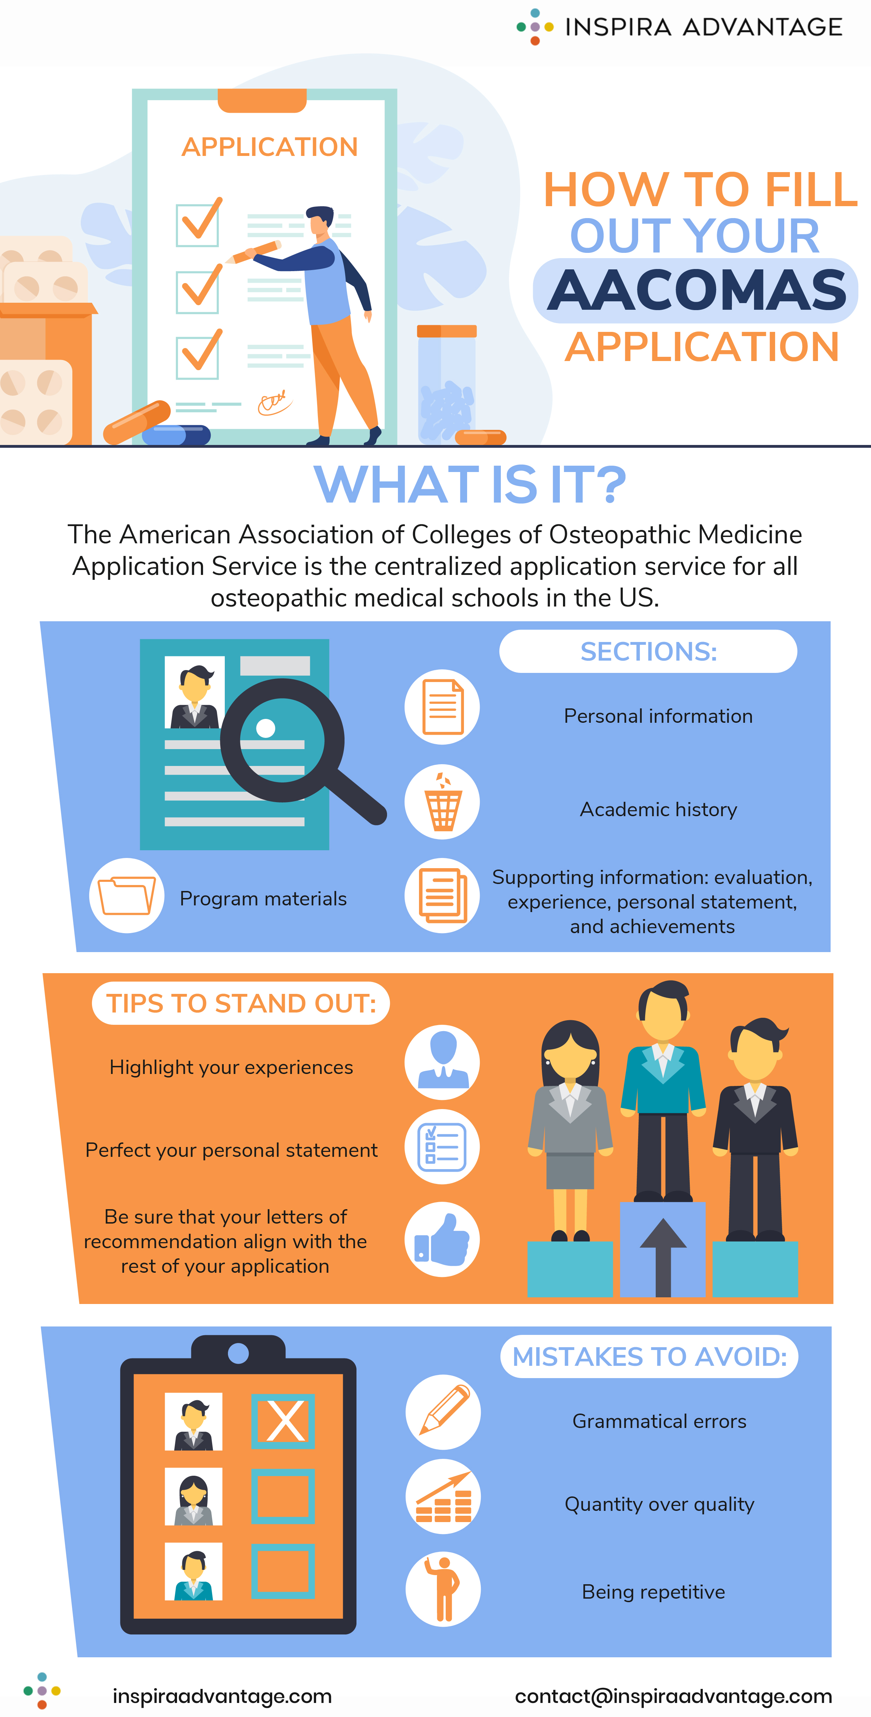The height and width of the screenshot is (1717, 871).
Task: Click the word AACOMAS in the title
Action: pyautogui.click(x=696, y=290)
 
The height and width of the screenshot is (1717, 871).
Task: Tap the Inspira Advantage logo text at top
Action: pyautogui.click(x=703, y=27)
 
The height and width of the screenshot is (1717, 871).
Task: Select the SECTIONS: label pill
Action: pyautogui.click(x=648, y=651)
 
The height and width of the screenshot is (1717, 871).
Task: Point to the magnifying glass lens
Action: pyautogui.click(x=282, y=740)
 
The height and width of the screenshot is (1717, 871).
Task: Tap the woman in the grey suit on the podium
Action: pyautogui.click(x=570, y=1126)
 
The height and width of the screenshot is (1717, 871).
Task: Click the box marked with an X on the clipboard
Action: pyautogui.click(x=283, y=1422)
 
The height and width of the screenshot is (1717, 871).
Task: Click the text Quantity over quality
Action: pyautogui.click(x=659, y=1505)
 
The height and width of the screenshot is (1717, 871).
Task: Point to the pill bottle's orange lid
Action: pyautogui.click(x=446, y=330)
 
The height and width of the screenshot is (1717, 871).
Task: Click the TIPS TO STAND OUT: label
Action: pyautogui.click(x=241, y=1003)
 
